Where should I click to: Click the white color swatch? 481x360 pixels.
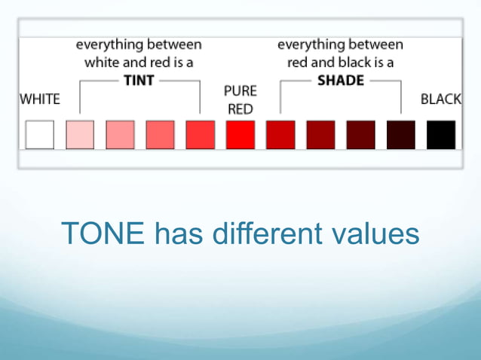tap(40, 135)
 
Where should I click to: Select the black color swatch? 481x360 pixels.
tap(441, 135)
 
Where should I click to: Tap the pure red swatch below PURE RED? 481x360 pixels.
tap(240, 135)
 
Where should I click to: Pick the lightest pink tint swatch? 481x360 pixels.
tap(80, 135)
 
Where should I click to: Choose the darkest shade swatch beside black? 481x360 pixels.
tap(401, 135)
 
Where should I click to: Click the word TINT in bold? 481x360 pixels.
tap(139, 81)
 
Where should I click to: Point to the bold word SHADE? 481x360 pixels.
tap(341, 81)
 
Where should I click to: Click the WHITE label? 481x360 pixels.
tap(40, 99)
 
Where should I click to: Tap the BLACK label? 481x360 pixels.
tap(441, 99)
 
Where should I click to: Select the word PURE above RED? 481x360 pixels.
tap(240, 91)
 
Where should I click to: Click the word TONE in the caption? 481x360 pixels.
tap(103, 234)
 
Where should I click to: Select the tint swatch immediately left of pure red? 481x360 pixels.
tap(201, 135)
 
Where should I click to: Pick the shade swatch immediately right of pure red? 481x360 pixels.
tap(280, 135)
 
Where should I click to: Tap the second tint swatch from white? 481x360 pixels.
tap(120, 135)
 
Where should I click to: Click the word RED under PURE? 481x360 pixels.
tap(240, 109)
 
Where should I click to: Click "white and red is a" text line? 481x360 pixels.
tap(139, 63)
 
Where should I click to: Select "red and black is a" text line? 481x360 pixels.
tap(341, 63)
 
